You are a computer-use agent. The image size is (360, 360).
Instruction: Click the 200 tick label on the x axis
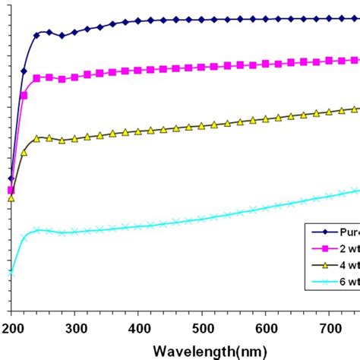pyautogui.click(x=11, y=327)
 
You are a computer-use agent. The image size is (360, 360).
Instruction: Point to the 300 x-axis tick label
pyautogui.click(x=74, y=327)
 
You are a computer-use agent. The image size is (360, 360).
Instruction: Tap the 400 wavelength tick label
pyautogui.click(x=138, y=327)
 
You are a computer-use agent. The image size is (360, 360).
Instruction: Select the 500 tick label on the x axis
pyautogui.click(x=202, y=327)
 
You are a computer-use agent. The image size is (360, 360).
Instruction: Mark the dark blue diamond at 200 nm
pyautogui.click(x=11, y=178)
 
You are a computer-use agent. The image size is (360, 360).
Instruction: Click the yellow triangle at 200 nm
pyautogui.click(x=11, y=198)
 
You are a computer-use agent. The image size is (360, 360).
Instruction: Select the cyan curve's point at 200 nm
pyautogui.click(x=11, y=273)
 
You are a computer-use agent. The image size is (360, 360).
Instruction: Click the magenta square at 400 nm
pyautogui.click(x=138, y=70)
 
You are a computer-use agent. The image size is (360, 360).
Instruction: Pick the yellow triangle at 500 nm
pyautogui.click(x=202, y=126)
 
